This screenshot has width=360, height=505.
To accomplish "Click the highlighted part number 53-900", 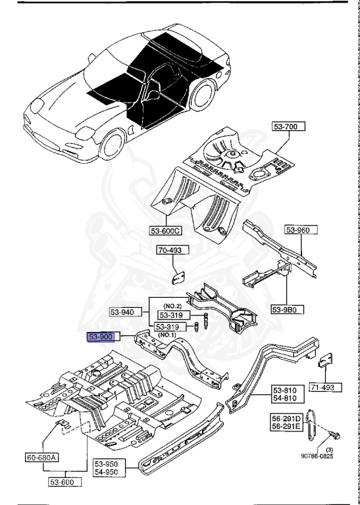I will pyautogui.click(x=102, y=337).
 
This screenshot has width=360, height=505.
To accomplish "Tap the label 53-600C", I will pyautogui.click(x=166, y=231).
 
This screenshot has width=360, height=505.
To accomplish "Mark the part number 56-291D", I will pyautogui.click(x=286, y=418).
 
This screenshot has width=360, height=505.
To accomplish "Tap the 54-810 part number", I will pyautogui.click(x=286, y=398).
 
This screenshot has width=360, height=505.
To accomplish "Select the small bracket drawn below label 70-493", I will pyautogui.click(x=177, y=276).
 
